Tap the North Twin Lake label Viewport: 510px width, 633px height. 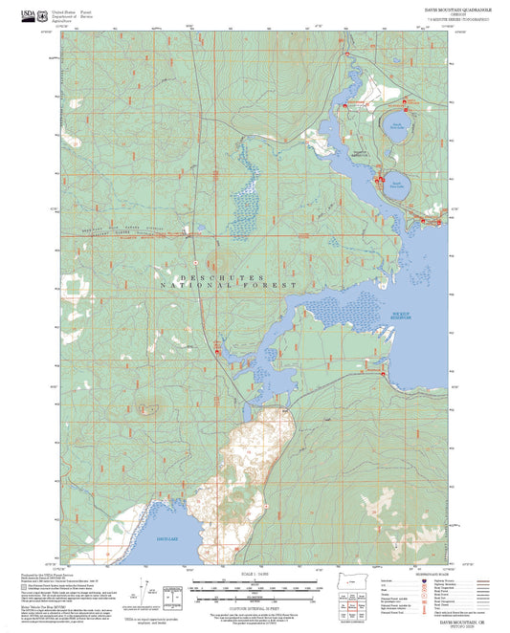click(395, 125)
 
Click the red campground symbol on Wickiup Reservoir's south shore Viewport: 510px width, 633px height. click(385, 374)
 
